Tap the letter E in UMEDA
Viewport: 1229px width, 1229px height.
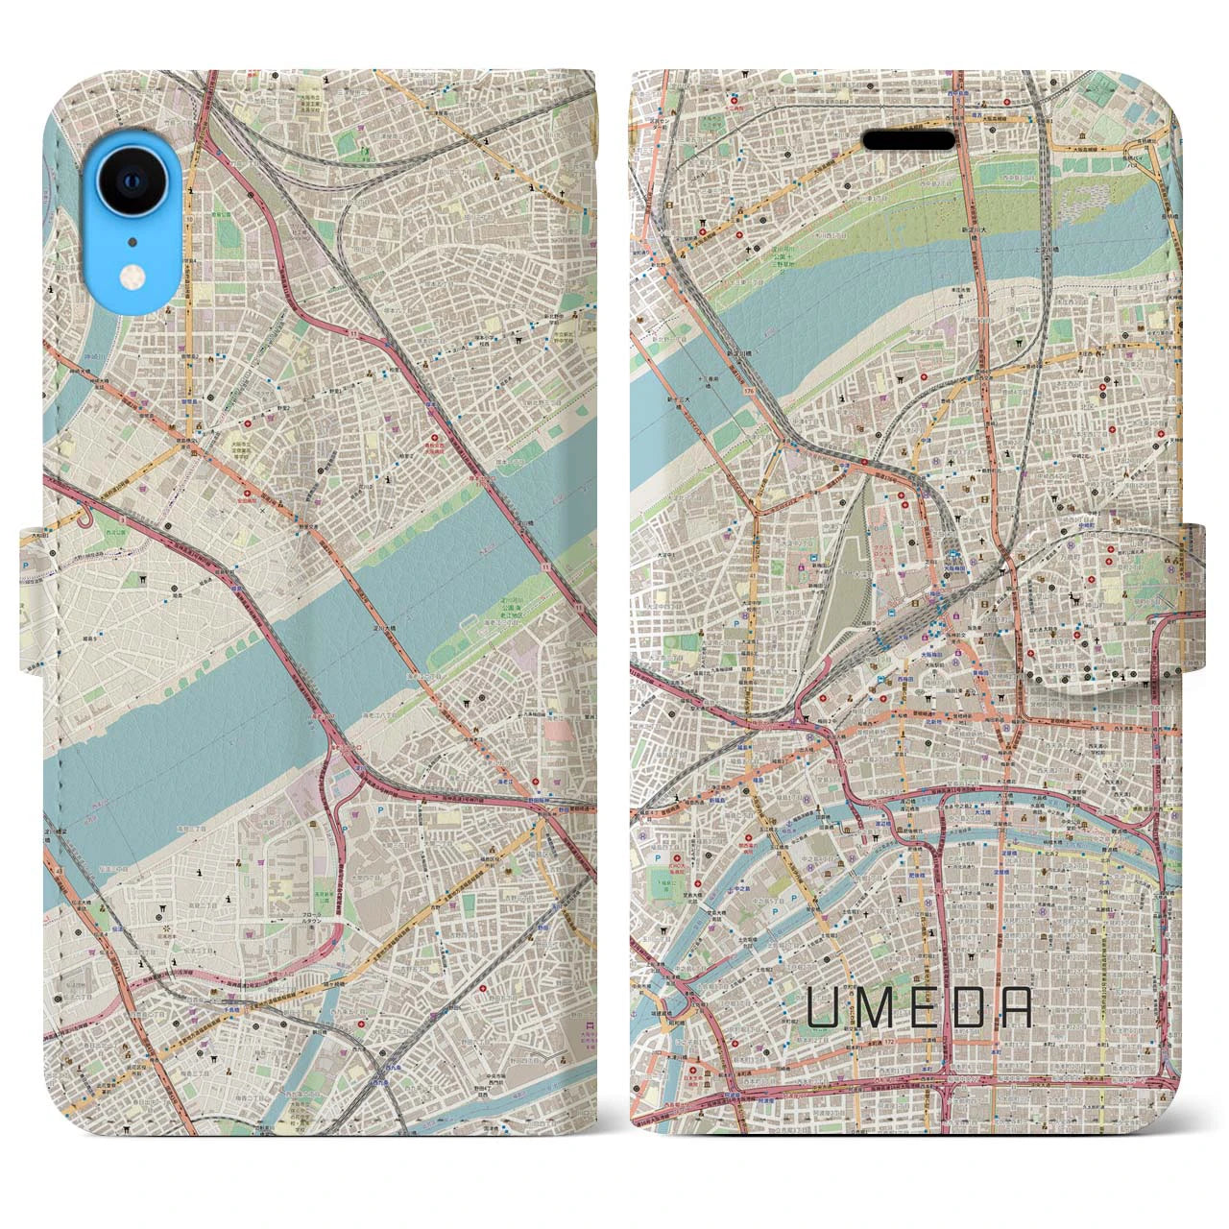(921, 1006)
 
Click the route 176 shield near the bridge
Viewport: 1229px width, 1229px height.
(746, 392)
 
